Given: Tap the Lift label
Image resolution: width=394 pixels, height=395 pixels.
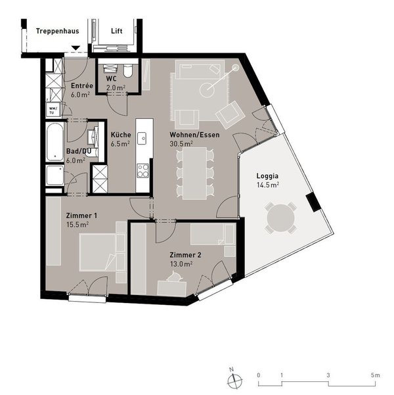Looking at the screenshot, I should (116, 30).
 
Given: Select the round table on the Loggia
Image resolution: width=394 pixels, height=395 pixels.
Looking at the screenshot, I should (280, 217).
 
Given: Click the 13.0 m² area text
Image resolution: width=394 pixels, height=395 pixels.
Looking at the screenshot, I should (181, 264).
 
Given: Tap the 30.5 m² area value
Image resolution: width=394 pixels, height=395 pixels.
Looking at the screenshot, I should (181, 143).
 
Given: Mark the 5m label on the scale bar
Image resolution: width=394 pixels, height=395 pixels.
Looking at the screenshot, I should (374, 375).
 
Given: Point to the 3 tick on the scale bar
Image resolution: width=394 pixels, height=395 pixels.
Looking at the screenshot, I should (328, 375).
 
